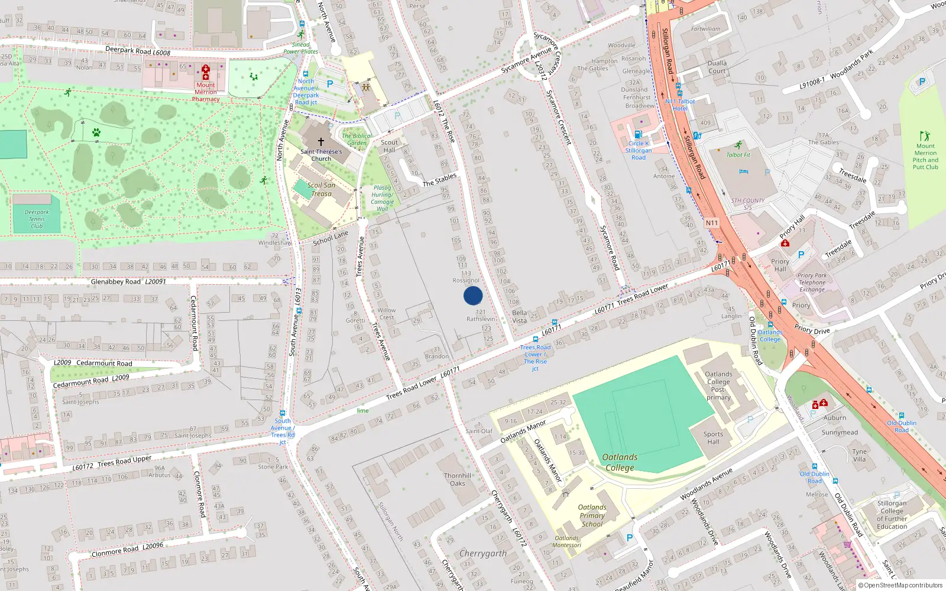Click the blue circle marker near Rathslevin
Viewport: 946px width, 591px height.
[x=473, y=295]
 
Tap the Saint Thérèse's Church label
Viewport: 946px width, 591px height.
[x=321, y=155]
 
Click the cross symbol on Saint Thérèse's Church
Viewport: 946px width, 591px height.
[x=321, y=142]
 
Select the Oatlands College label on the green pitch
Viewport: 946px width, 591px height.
[x=620, y=462]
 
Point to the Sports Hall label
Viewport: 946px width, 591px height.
[x=713, y=437]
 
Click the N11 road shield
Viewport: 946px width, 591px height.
[x=712, y=223]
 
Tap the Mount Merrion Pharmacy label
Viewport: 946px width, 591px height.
[x=206, y=92]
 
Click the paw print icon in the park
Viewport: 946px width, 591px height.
[x=96, y=132]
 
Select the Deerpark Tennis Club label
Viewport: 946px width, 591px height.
[x=37, y=219]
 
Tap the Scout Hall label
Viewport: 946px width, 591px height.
[x=389, y=146]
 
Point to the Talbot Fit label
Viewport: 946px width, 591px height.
[x=738, y=155]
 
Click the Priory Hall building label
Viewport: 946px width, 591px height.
[x=780, y=265]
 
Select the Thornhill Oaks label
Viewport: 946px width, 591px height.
[x=458, y=479]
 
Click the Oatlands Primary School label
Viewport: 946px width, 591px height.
[x=592, y=515]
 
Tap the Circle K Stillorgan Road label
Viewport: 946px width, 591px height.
[x=639, y=150]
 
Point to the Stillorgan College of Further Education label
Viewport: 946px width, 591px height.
[x=892, y=515]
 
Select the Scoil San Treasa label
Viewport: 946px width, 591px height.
[x=321, y=189]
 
